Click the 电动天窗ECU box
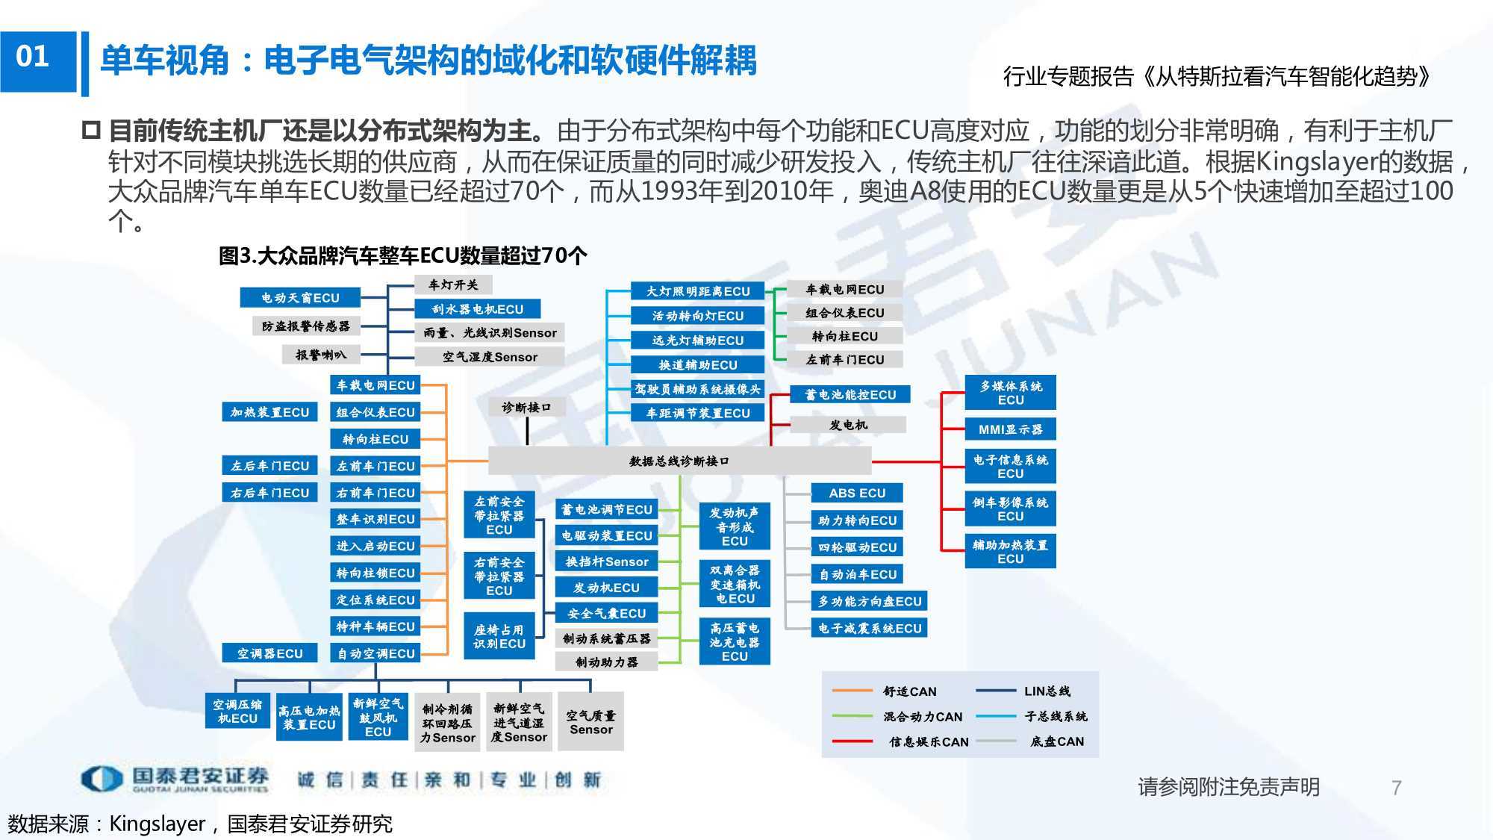[x=300, y=298]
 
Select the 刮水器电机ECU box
[x=478, y=309]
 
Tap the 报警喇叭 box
[x=321, y=355]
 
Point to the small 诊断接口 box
[x=526, y=408]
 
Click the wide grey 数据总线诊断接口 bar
[x=679, y=461]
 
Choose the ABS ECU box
[x=857, y=493]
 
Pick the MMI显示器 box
[x=1010, y=429]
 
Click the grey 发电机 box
[x=848, y=425]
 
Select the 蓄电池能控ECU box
[x=850, y=395]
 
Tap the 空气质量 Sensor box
[x=590, y=722]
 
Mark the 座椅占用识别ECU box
[x=499, y=636]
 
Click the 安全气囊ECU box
[x=607, y=614]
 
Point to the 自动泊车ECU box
[x=857, y=574]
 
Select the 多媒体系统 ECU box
[x=1010, y=393]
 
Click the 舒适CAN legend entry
[x=885, y=691]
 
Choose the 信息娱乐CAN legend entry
[x=900, y=741]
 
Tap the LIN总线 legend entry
[x=1023, y=691]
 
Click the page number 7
[x=1397, y=788]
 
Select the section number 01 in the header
[x=32, y=57]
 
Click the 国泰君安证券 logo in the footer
[x=175, y=779]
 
